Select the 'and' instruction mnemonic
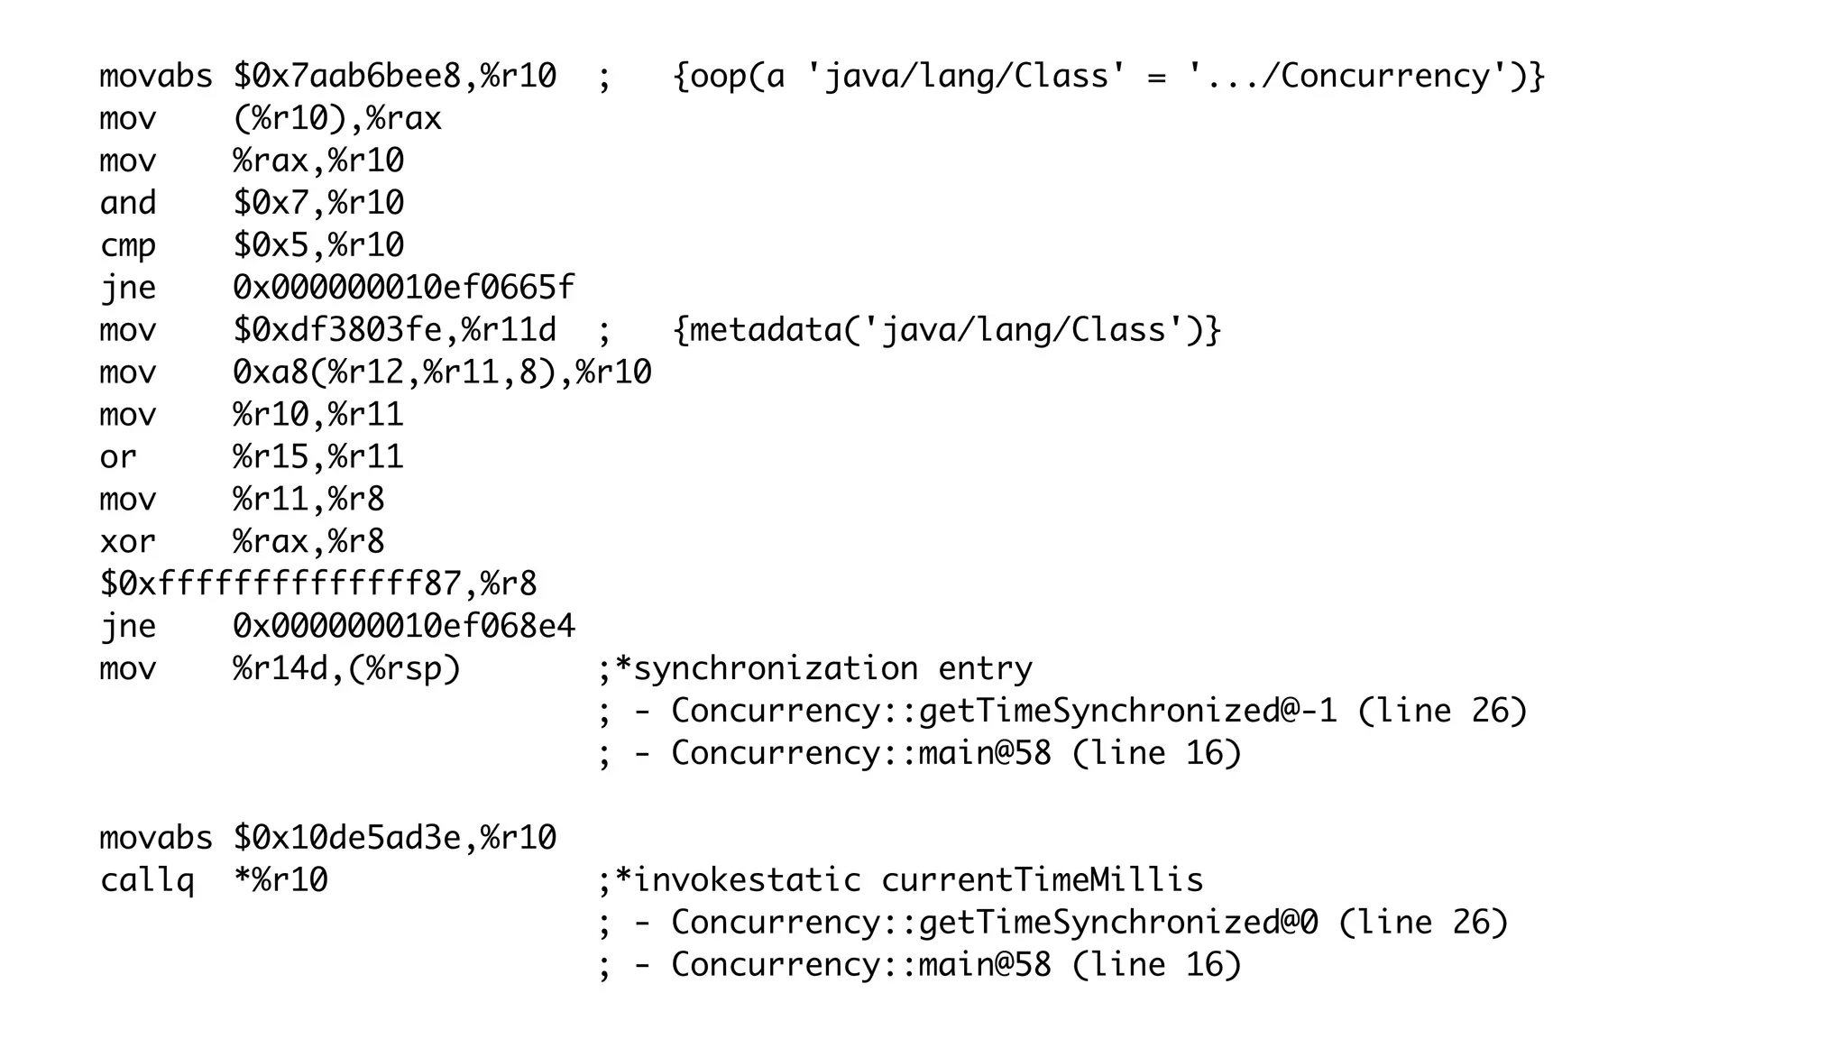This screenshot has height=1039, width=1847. [127, 203]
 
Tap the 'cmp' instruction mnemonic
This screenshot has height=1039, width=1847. [127, 245]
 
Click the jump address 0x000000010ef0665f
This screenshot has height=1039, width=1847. [403, 288]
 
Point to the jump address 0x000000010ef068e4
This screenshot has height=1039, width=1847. [403, 626]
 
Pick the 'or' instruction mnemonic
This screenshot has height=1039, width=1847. [118, 457]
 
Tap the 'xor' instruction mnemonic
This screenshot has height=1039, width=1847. [127, 542]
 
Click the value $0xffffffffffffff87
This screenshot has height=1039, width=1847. [280, 584]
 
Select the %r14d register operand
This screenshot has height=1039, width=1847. [280, 668]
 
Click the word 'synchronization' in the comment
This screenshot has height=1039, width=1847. [776, 668]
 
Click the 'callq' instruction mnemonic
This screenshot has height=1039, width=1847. [146, 880]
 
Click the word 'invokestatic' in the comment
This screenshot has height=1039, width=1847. [747, 880]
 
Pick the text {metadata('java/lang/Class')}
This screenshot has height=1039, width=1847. [947, 330]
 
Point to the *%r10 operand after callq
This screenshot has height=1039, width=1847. [280, 880]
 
